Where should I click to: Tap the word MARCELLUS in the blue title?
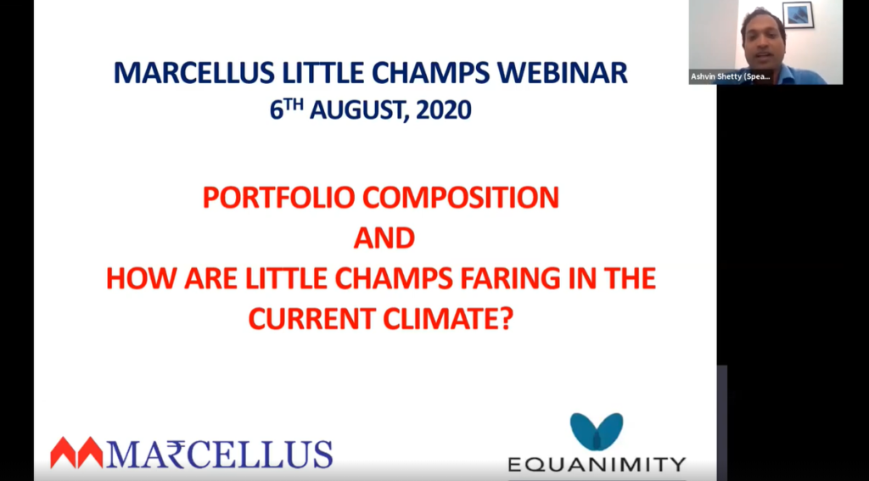click(x=194, y=73)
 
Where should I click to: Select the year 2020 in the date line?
click(x=443, y=109)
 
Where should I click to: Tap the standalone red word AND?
click(x=384, y=238)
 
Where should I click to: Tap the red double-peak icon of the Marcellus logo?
click(x=77, y=453)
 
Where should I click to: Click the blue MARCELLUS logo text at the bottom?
click(x=220, y=455)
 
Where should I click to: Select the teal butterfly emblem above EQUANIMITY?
click(x=597, y=431)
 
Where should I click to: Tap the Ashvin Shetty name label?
click(x=731, y=76)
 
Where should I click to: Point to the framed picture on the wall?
click(x=798, y=15)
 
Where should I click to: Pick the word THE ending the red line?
click(x=627, y=279)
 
